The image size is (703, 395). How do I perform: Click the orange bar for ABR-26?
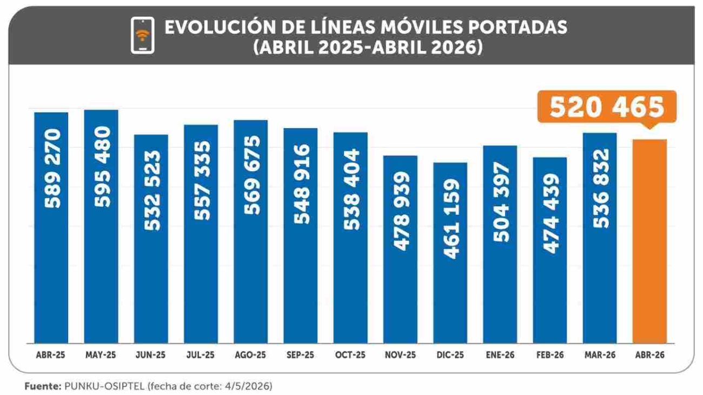(649, 241)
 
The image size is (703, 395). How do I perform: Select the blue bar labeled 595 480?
(101, 226)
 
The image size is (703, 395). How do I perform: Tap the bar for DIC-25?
(450, 253)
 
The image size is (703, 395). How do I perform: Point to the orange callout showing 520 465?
(607, 107)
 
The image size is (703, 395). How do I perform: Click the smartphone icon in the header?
(142, 35)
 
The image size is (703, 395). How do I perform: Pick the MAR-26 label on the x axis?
(600, 355)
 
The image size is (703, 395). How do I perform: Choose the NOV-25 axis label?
(400, 355)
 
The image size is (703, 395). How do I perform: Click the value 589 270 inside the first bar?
(52, 169)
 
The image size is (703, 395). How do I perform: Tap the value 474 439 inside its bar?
(551, 213)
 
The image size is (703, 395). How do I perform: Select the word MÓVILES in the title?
(422, 27)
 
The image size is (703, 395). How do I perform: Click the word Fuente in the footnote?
(43, 386)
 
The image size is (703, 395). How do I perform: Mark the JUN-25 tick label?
(150, 355)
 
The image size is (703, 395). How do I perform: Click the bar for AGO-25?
(251, 231)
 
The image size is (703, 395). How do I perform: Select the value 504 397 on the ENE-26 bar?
(501, 202)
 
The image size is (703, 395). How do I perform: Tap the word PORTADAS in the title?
(518, 27)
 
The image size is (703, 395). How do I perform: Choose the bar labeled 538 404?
(350, 238)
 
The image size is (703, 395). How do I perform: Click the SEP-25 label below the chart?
(300, 355)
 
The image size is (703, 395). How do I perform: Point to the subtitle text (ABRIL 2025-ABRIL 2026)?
(368, 48)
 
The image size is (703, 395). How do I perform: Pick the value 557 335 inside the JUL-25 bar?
(202, 180)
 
